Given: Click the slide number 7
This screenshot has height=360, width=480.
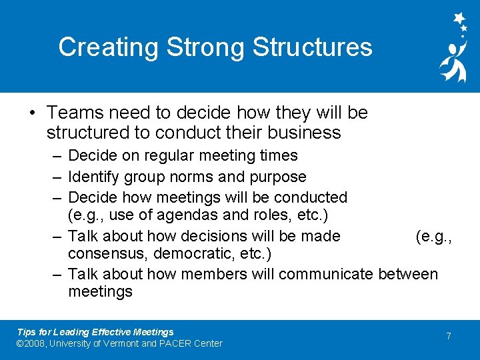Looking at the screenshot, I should (x=449, y=336).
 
